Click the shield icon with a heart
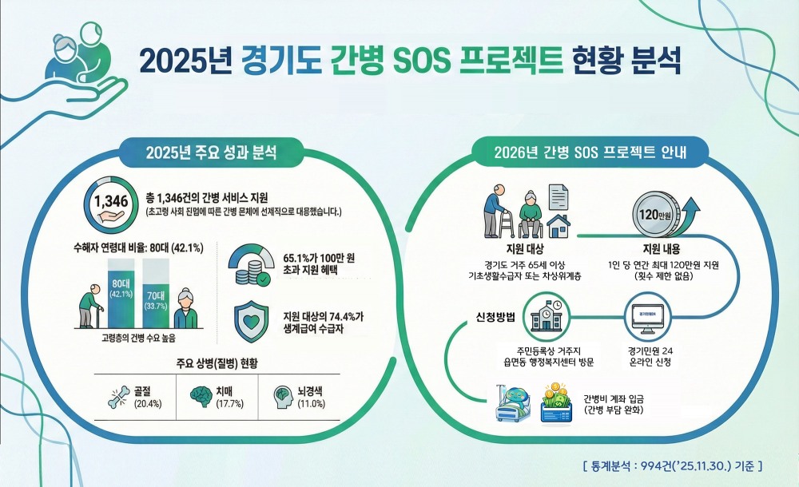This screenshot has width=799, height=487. click(x=252, y=321)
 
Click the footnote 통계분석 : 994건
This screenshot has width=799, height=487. click(x=672, y=463)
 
